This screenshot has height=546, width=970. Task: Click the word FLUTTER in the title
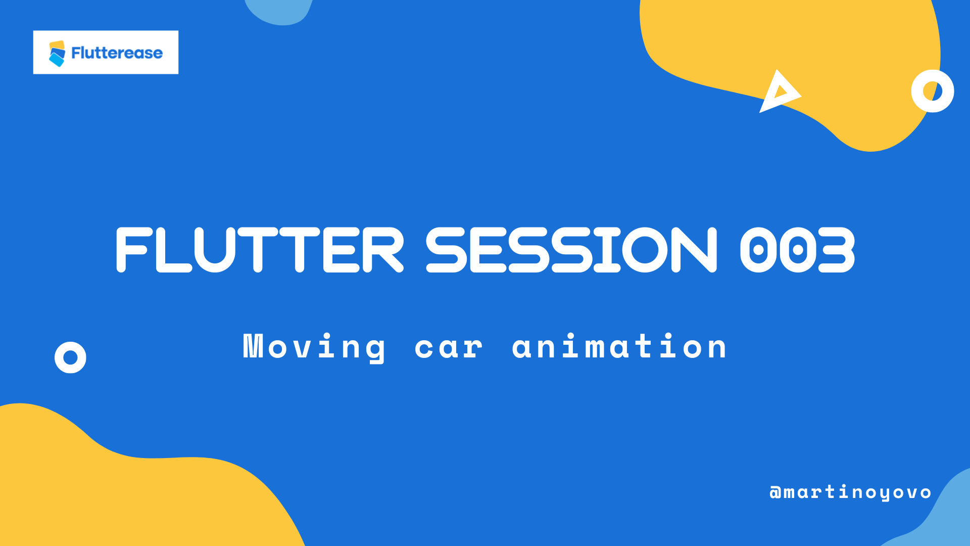[x=260, y=250]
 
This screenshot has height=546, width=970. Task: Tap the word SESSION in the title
[x=571, y=250]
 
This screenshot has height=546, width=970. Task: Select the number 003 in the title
[x=797, y=250]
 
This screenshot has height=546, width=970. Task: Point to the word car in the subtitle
[x=449, y=348]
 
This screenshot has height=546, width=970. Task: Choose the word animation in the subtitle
[x=619, y=346]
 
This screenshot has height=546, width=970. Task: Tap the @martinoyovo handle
[x=850, y=492]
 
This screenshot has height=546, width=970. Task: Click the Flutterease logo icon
[x=57, y=53]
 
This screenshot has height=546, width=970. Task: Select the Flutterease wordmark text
[x=117, y=53]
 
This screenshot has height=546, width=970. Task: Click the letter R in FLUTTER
[x=382, y=250]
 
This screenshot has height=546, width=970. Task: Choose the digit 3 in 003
[x=836, y=250]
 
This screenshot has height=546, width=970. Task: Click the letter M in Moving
[x=253, y=346]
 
